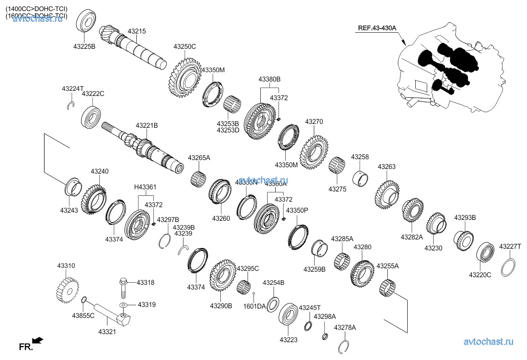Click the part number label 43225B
click(84, 47)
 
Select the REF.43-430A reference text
click(377, 28)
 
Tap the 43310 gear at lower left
click(67, 289)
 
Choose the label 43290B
click(221, 306)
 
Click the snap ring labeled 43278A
click(344, 347)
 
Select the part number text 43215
click(136, 31)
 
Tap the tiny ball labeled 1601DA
click(254, 293)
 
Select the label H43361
click(145, 187)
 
